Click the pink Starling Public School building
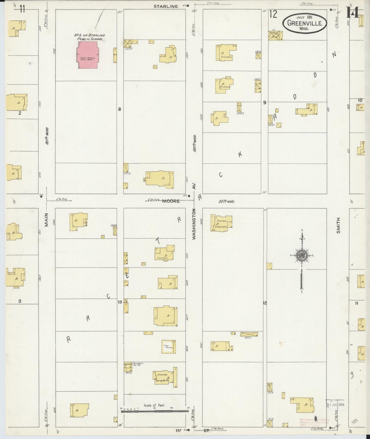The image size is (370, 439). click(87, 55)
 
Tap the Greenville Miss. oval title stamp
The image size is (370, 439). click(304, 23)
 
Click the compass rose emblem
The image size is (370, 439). click(302, 256)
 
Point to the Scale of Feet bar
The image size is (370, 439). click(155, 411)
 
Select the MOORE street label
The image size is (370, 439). click(171, 201)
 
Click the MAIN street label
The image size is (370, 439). click(46, 220)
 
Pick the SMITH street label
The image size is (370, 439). click(339, 225)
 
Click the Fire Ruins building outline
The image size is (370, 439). click(168, 347)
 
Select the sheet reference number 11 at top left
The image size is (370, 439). click(22, 9)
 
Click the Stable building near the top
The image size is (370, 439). click(275, 36)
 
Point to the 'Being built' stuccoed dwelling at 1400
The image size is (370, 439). click(221, 223)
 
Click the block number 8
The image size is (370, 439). click(119, 109)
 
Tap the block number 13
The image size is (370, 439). click(120, 302)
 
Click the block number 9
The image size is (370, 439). click(265, 102)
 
